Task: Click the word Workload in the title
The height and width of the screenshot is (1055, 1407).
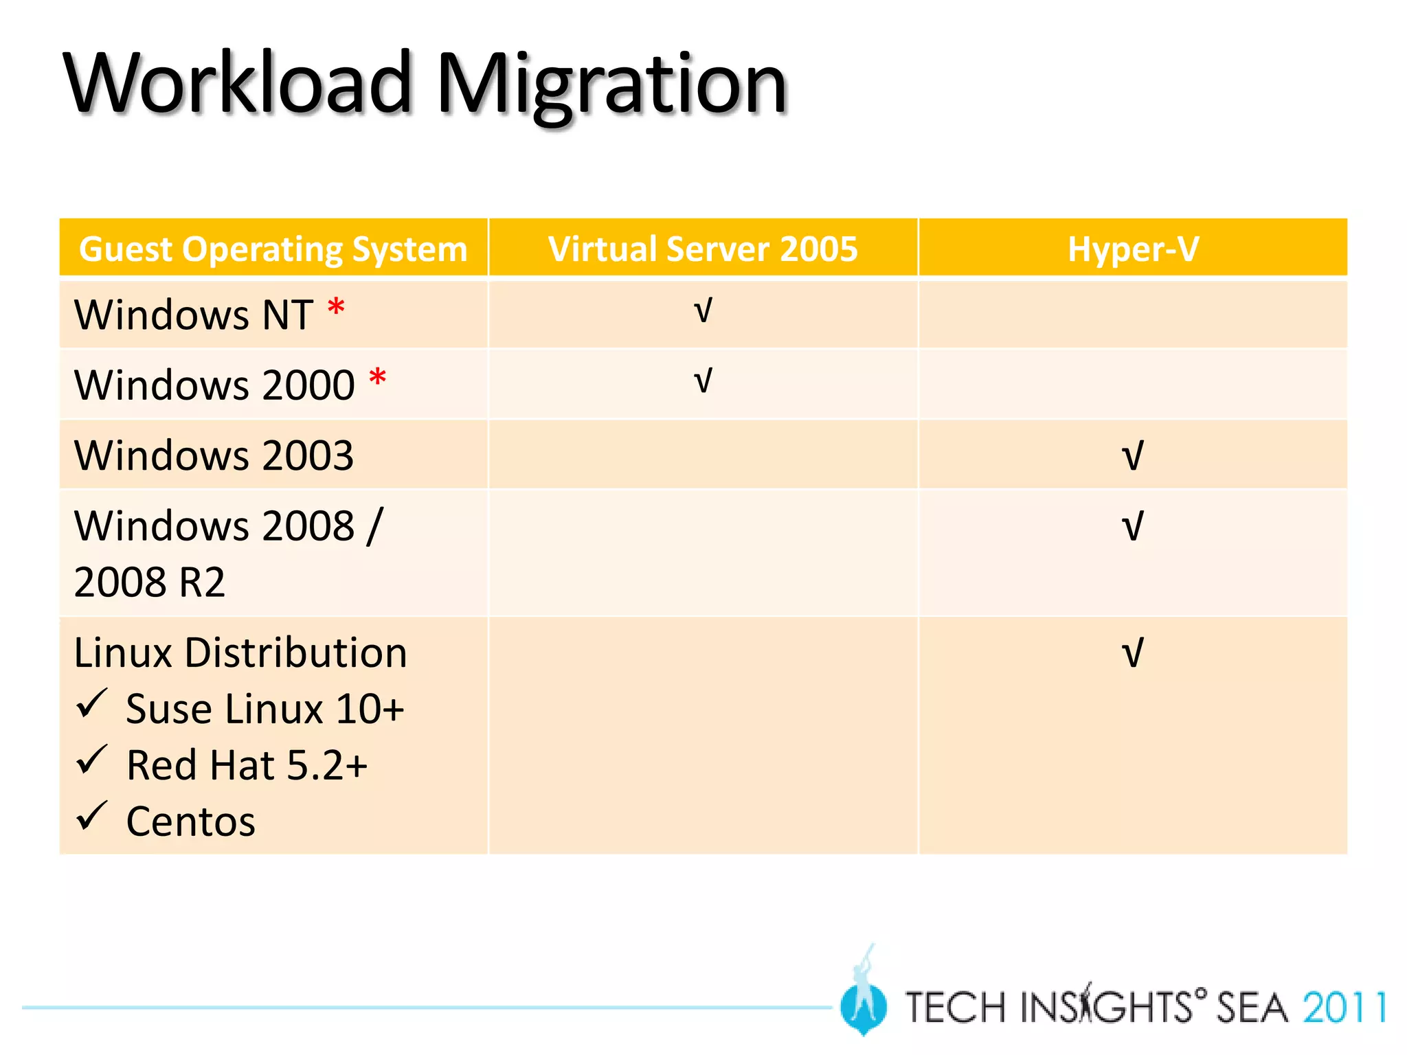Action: click(x=237, y=84)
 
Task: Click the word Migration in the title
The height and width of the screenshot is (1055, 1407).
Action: click(x=611, y=86)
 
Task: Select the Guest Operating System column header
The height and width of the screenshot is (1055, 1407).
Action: click(x=273, y=249)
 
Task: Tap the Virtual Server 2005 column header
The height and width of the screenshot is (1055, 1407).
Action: click(x=703, y=249)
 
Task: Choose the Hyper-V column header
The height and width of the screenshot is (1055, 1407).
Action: click(x=1133, y=249)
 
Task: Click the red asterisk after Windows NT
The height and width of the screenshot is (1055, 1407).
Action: click(x=336, y=308)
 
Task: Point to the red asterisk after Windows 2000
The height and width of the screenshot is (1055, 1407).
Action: click(x=377, y=378)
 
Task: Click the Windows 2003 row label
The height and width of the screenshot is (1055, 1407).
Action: click(x=214, y=455)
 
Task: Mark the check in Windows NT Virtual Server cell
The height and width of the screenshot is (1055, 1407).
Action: click(x=703, y=310)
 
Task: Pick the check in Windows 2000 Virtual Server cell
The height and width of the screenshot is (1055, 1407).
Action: click(x=703, y=381)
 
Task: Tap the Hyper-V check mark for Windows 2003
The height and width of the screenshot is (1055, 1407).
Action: click(x=1132, y=456)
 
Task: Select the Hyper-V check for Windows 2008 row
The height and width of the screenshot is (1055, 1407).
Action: click(x=1132, y=527)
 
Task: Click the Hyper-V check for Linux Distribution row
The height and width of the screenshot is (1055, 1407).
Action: click(x=1132, y=653)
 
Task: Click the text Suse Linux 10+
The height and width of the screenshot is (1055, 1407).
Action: click(x=265, y=709)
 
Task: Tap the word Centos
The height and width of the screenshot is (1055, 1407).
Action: click(x=191, y=821)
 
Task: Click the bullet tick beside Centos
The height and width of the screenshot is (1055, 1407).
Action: click(x=91, y=816)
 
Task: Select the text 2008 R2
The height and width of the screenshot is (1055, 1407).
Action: click(x=149, y=582)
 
